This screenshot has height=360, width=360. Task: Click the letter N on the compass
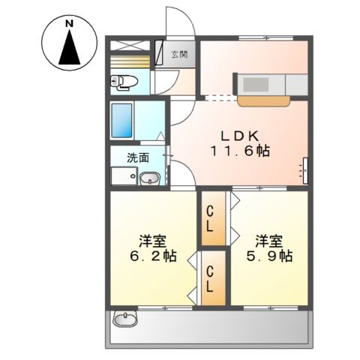coord(68,23)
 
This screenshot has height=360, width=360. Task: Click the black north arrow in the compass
coord(68,50)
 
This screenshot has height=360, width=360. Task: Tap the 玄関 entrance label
coord(180,54)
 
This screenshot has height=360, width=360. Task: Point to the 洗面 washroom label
coord(136,157)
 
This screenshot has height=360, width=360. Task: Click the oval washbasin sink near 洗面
coord(149,178)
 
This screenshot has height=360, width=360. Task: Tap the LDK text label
coord(238,136)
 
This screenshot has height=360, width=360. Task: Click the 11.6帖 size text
coord(239,150)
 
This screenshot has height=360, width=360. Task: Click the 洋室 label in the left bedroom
coord(152,241)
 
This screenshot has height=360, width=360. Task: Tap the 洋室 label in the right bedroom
coord(268,241)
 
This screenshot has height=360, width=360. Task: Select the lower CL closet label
coord(211,278)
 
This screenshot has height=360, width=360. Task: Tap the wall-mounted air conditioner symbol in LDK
coord(306,170)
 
